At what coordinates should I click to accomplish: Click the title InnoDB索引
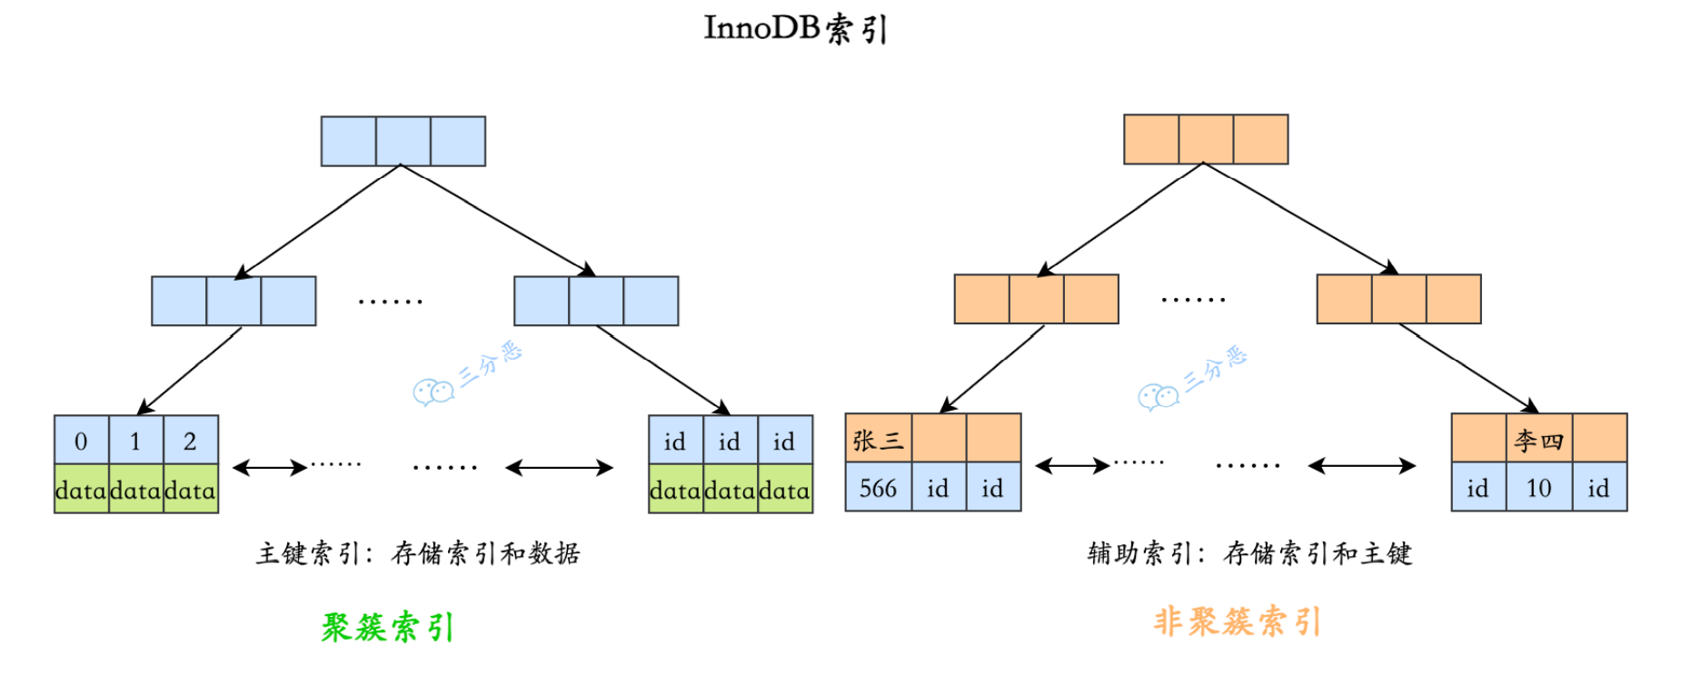pos(796,29)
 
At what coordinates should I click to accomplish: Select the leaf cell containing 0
pos(81,441)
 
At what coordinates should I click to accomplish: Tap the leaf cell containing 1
pos(135,441)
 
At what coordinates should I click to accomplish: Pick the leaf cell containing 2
pos(190,441)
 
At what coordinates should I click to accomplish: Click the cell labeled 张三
pos(878,439)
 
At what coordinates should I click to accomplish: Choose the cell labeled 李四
pos(1538,439)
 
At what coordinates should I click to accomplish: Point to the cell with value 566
pos(878,488)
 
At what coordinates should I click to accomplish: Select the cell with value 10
pos(1538,488)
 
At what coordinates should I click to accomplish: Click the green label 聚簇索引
pos(387,627)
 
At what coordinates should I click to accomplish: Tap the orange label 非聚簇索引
pos(1237,621)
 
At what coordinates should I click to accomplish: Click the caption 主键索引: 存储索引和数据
pos(418,553)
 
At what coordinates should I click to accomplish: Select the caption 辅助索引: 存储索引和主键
pos(1249,553)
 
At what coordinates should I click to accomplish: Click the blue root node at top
pos(403,141)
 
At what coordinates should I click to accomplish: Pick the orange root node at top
pos(1205,139)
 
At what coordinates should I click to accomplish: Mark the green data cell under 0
pos(81,490)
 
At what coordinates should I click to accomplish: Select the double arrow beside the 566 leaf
pos(1072,466)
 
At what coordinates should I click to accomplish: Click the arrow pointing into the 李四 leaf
pos(1467,368)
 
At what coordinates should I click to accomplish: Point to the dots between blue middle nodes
pos(390,301)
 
